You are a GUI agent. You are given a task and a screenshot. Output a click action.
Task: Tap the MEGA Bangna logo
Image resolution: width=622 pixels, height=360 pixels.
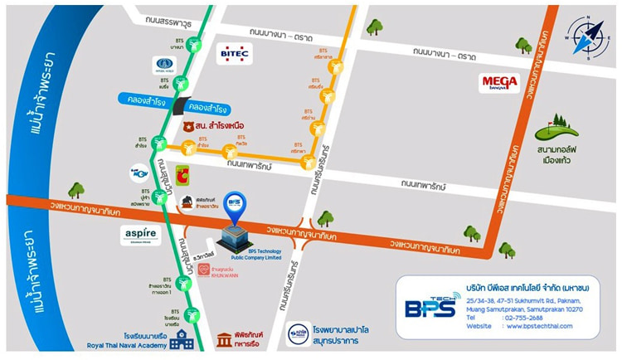[x=500, y=83]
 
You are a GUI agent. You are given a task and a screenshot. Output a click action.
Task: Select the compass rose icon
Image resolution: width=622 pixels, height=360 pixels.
[x=588, y=37]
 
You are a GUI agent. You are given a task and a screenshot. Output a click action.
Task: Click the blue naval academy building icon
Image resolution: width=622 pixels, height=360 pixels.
[x=182, y=339]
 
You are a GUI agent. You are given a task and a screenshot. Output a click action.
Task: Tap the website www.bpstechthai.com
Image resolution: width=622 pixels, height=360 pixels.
[x=544, y=326]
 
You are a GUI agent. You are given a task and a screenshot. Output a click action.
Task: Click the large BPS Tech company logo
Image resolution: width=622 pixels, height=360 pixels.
[x=430, y=306]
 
